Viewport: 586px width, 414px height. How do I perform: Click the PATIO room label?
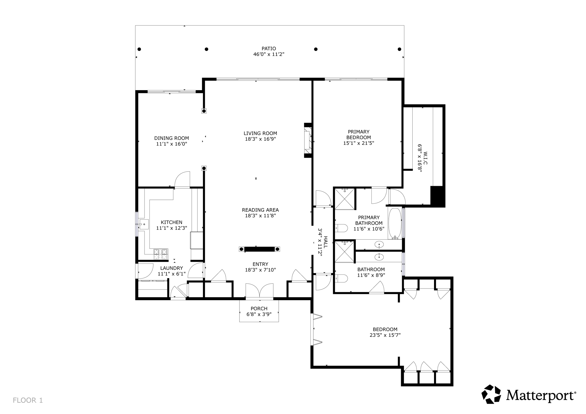click(268, 49)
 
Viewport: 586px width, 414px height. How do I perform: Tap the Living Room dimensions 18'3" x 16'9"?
click(260, 139)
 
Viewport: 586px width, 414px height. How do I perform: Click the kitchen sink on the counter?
click(144, 224)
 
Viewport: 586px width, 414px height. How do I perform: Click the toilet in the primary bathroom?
click(341, 228)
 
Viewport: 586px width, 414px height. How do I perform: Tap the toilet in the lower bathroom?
click(341, 278)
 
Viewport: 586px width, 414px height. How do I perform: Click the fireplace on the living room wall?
click(308, 140)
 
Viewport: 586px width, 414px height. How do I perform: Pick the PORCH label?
click(259, 308)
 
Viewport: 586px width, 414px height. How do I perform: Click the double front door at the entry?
click(259, 290)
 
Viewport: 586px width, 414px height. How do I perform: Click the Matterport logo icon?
click(491, 394)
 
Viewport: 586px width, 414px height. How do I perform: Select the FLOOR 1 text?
click(28, 400)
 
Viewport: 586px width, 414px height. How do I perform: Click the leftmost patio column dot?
click(139, 49)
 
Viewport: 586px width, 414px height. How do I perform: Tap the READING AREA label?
click(260, 210)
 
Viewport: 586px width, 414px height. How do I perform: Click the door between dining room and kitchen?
click(182, 180)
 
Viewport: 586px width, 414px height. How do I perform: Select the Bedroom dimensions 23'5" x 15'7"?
click(385, 335)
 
